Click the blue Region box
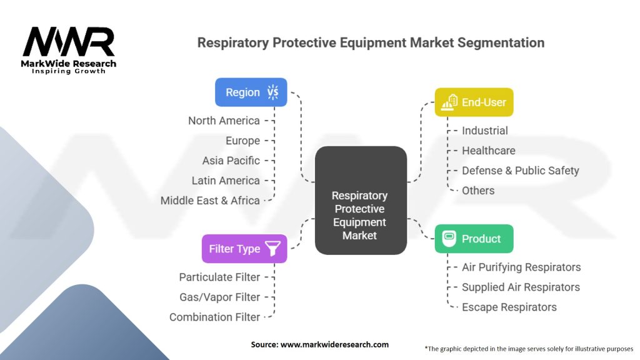coord(251,92)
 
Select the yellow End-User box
coord(474,102)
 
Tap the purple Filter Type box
coord(244,249)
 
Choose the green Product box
coord(474,239)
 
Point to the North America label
coord(224,121)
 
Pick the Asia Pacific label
coord(231,161)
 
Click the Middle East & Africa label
coord(210,201)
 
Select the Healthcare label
coord(488,151)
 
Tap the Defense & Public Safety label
coord(520,171)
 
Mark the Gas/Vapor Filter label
coord(219,297)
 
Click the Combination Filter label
coord(214,317)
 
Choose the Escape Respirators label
coord(509,307)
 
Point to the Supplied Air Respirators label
coord(521,287)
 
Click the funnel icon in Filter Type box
coord(272,249)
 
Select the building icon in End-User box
coord(447,102)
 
